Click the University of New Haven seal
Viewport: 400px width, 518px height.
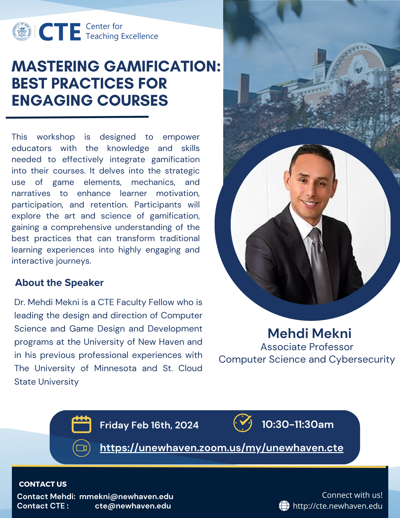(x=22, y=31)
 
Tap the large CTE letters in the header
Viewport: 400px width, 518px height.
(x=60, y=32)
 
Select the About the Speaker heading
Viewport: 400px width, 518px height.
(x=59, y=283)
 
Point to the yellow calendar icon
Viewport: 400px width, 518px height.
(x=81, y=424)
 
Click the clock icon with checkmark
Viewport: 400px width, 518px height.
(x=243, y=423)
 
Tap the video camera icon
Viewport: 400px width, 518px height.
(x=82, y=448)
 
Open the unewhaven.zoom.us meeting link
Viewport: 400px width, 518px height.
(x=222, y=448)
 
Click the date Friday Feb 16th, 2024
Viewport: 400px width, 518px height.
(x=149, y=425)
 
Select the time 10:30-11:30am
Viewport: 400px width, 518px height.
(x=297, y=425)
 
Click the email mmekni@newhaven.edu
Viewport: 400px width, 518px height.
(x=126, y=496)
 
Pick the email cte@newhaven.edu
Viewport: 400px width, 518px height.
(x=133, y=506)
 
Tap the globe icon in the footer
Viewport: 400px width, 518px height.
(x=284, y=506)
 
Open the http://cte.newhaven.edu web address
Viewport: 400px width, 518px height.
(x=338, y=506)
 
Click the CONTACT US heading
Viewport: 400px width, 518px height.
(x=43, y=484)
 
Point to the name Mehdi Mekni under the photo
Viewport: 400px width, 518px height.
(x=309, y=333)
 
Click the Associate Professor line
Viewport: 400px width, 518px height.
(x=307, y=347)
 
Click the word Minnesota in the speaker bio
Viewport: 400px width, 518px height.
(x=115, y=368)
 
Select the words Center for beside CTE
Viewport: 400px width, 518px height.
(x=104, y=26)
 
